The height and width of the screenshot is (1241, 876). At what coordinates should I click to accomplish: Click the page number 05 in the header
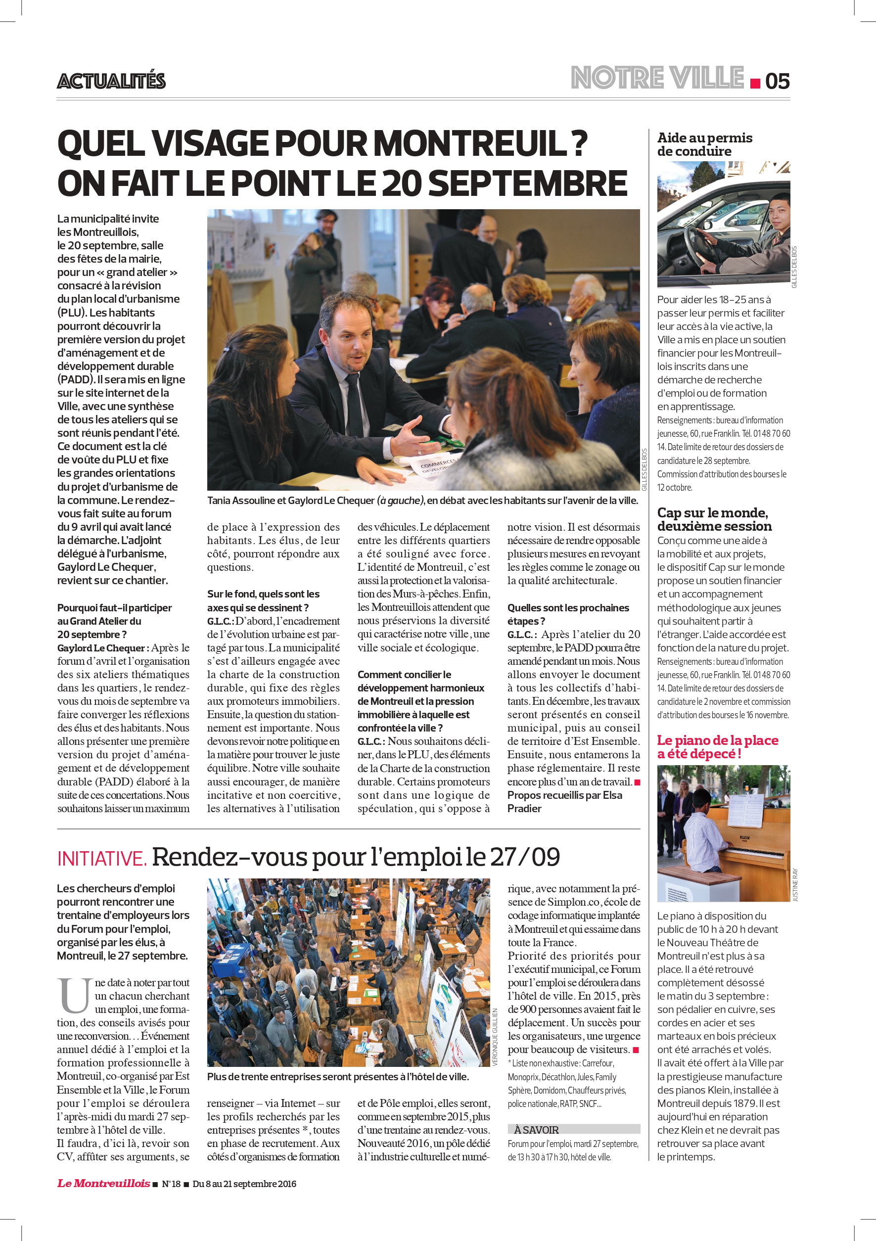pos(777,81)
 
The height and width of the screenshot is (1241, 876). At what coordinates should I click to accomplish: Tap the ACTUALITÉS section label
pos(111,81)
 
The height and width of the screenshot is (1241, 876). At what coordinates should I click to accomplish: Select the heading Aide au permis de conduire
pos(704,144)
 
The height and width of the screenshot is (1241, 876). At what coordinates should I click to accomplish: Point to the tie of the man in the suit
pos(354,400)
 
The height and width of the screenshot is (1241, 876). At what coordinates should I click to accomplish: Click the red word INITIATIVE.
pos(101,858)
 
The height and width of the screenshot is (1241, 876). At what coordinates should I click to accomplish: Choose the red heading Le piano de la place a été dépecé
pos(717,746)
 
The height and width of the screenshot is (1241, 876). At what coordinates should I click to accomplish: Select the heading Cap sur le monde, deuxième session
pos(714,519)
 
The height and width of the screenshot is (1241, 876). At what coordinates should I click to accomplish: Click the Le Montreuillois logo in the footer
pos(103,1184)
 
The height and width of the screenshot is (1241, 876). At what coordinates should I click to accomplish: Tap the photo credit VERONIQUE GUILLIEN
pos(495,1037)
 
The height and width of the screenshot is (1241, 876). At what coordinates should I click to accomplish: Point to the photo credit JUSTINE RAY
pos(795,885)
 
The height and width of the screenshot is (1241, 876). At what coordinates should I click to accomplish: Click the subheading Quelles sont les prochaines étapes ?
pos(567,614)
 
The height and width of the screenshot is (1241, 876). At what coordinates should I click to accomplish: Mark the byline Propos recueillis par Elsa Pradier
pos(564,802)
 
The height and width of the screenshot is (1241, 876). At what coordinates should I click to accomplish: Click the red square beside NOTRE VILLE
pos(755,83)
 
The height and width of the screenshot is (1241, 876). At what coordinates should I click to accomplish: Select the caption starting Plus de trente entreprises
pos(338,1077)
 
